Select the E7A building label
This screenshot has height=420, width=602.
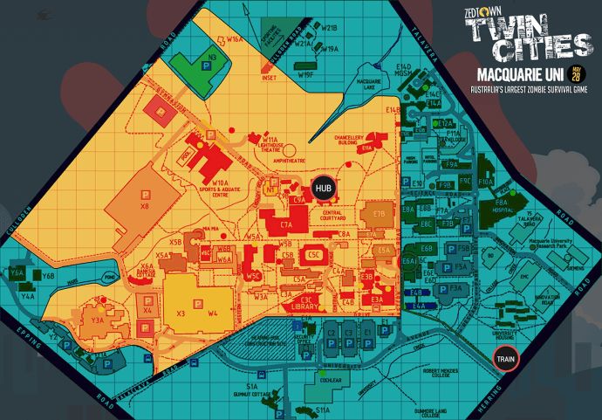[x=286, y=225]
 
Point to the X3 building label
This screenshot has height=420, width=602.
[x=181, y=313]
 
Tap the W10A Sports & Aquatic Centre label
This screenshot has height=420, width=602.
[x=219, y=184]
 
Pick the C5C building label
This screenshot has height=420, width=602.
[x=314, y=254]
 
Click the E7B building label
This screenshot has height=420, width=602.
[x=378, y=213]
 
